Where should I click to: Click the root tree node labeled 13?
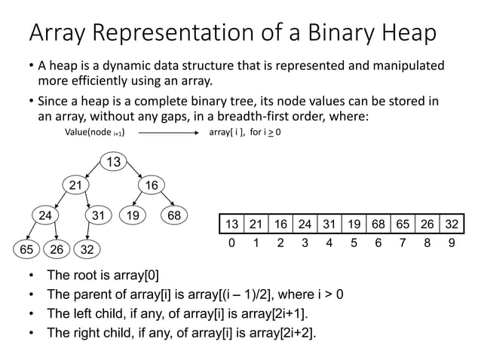tap(114, 162)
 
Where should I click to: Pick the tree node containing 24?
tap(47, 215)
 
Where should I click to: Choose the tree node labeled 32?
tap(88, 248)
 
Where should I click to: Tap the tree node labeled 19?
tap(133, 215)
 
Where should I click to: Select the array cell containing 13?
tap(231, 224)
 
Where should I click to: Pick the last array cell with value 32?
tap(451, 224)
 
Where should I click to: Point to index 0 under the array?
tap(231, 243)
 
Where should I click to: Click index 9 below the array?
tap(451, 243)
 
